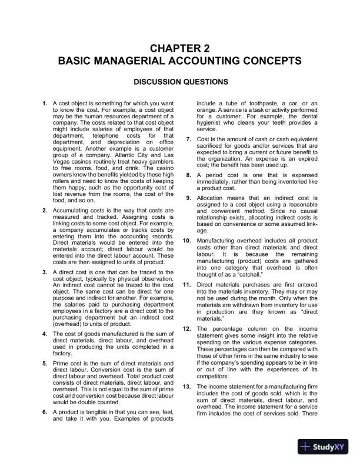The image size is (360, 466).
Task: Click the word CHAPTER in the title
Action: click(x=172, y=48)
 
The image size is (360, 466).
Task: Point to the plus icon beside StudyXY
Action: click(x=305, y=447)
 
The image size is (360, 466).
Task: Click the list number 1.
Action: click(x=45, y=104)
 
